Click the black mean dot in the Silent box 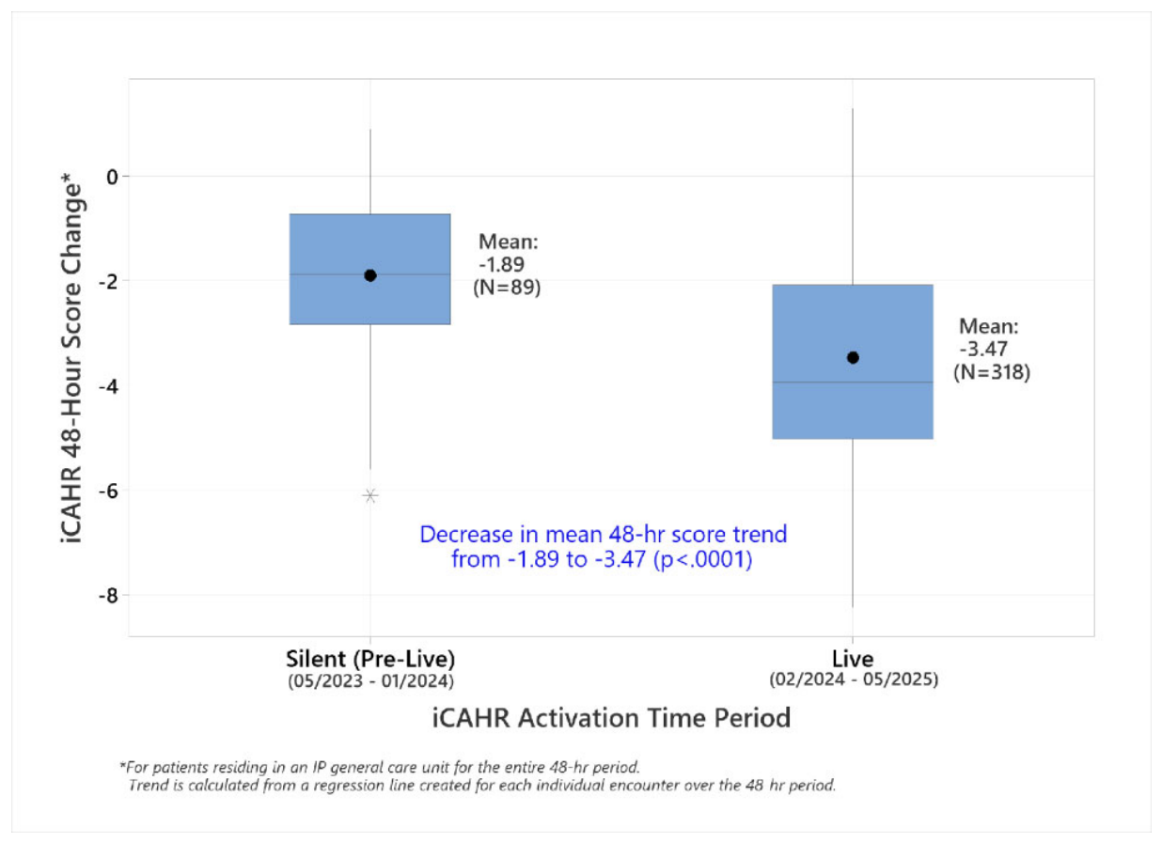(x=369, y=275)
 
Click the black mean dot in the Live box (x=853, y=358)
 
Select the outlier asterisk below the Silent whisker (x=369, y=495)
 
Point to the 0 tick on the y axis (x=113, y=178)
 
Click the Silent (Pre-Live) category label (x=370, y=660)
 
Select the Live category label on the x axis (x=853, y=659)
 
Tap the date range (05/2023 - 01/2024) (x=371, y=681)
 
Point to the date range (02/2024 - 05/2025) (x=854, y=679)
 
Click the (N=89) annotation (x=507, y=288)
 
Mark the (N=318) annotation (x=992, y=372)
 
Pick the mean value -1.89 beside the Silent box (x=502, y=264)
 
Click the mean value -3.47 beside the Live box (x=983, y=349)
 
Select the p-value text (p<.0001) (x=703, y=559)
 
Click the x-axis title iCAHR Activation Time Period (x=612, y=718)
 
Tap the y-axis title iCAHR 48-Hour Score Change (x=71, y=358)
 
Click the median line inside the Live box (x=853, y=382)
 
